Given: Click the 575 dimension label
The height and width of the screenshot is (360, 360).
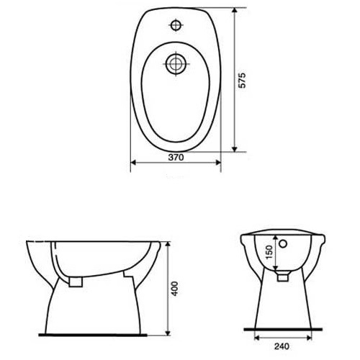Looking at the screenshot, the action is click(x=243, y=80).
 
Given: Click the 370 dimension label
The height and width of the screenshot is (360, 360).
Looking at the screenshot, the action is click(x=176, y=158).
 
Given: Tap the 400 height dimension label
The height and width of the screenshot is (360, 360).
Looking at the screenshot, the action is click(x=175, y=289).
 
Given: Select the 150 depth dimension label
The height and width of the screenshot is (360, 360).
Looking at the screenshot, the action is click(x=269, y=252).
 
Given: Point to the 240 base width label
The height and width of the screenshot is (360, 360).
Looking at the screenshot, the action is click(x=282, y=346).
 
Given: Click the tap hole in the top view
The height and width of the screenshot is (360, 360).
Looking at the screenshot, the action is click(x=176, y=25).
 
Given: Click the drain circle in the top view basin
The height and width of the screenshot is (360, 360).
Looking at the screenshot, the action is click(x=176, y=64).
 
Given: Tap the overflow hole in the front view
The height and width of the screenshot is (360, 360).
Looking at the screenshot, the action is click(x=284, y=244).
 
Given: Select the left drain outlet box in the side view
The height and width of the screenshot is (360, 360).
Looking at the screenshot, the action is click(x=76, y=282).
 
